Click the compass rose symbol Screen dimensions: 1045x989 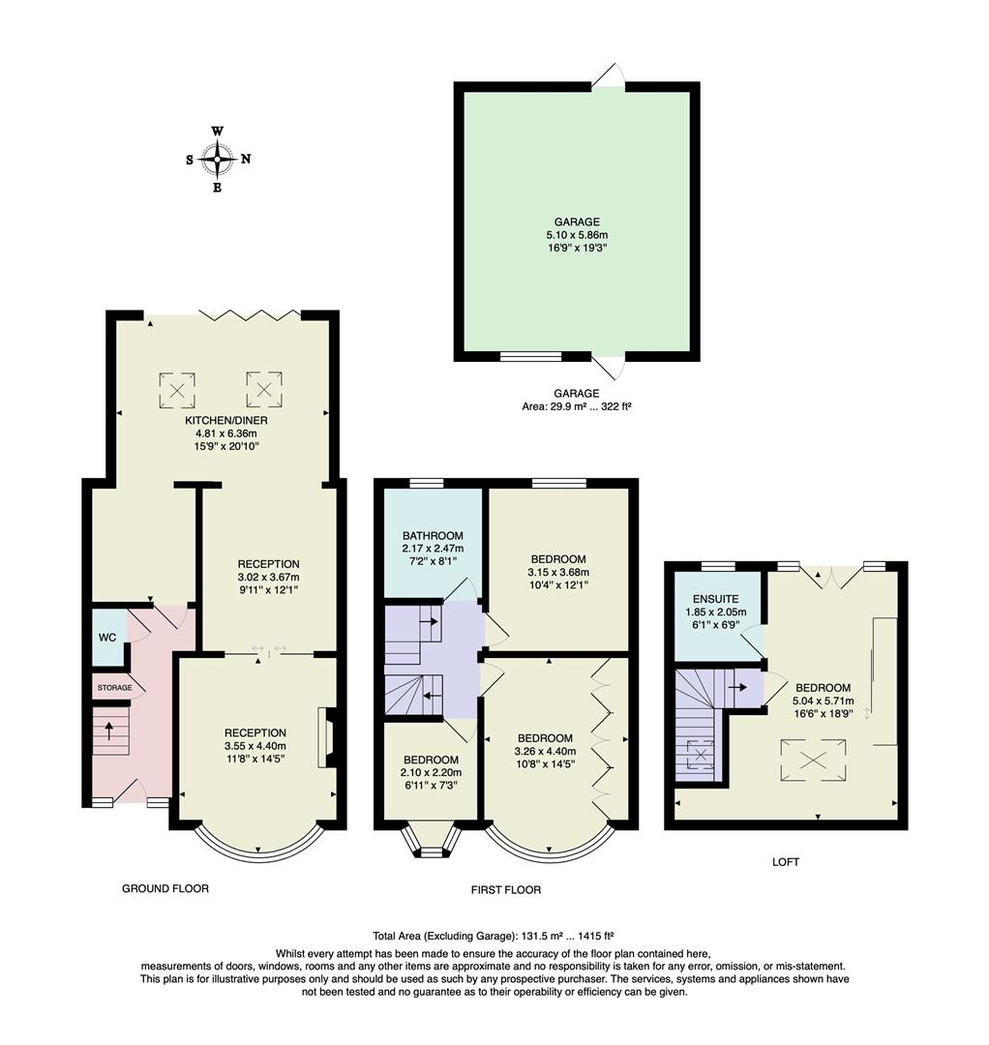(x=218, y=159)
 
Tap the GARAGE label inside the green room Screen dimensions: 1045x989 (x=577, y=222)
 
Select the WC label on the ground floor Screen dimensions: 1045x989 (x=107, y=639)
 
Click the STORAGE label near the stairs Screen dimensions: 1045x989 (x=113, y=688)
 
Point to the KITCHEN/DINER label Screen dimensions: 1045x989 (x=226, y=421)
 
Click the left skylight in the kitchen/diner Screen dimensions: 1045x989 (x=177, y=390)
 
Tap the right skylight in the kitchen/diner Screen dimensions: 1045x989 (x=263, y=390)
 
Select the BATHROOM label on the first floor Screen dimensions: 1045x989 (x=433, y=535)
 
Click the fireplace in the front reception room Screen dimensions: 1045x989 (x=327, y=738)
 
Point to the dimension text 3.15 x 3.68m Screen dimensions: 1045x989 (x=558, y=572)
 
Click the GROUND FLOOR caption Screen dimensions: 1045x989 (x=165, y=888)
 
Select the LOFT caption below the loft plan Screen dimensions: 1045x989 (x=786, y=861)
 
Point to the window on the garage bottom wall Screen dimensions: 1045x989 (x=530, y=356)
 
